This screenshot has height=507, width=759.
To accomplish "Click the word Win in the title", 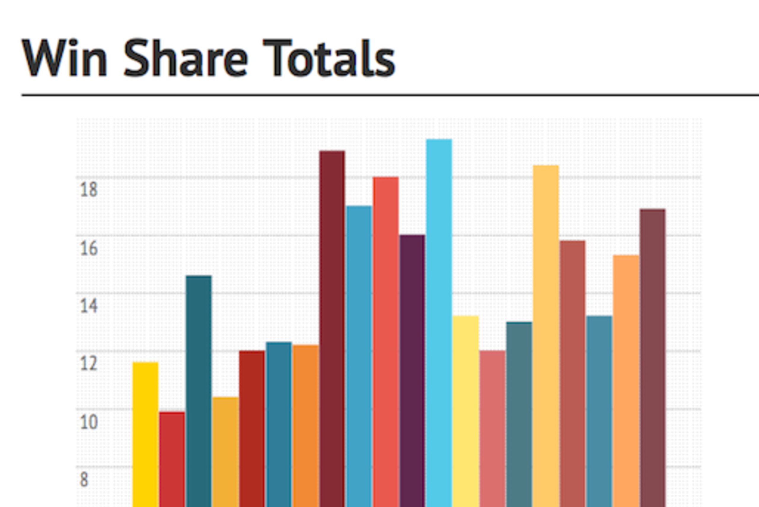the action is [x=64, y=58].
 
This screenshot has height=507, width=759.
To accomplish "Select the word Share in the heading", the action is [x=186, y=58].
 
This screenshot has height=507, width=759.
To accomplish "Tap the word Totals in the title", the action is [x=329, y=58].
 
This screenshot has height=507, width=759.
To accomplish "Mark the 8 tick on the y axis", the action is [x=84, y=480].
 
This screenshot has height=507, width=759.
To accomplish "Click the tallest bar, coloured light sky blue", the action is [x=439, y=323].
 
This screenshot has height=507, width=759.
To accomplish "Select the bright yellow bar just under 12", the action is [x=145, y=435].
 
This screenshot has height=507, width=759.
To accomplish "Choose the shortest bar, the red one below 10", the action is [x=172, y=460].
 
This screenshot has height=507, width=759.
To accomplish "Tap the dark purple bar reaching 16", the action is [x=412, y=371].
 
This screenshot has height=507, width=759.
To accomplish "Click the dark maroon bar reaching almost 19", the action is [x=332, y=329].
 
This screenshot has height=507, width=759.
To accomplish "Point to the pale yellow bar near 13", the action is [x=465, y=411].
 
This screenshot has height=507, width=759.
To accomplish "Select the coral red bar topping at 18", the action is [x=386, y=342].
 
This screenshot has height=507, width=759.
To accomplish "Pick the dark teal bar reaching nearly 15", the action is [x=199, y=391].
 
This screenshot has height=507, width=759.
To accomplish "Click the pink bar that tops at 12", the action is [x=492, y=429].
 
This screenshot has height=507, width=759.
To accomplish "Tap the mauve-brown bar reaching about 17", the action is [x=653, y=358].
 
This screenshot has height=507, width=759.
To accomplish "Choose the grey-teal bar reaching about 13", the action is [x=519, y=414].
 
